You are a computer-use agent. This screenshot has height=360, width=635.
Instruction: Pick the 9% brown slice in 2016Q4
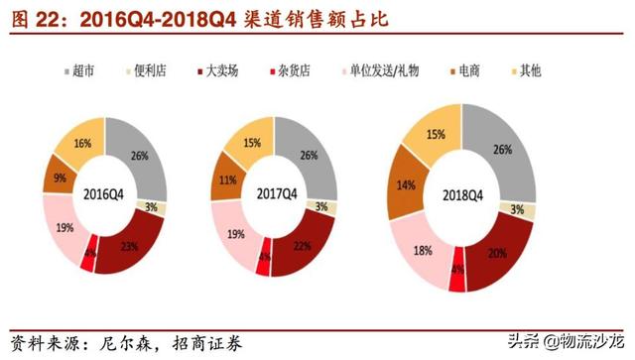(x=61, y=180)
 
